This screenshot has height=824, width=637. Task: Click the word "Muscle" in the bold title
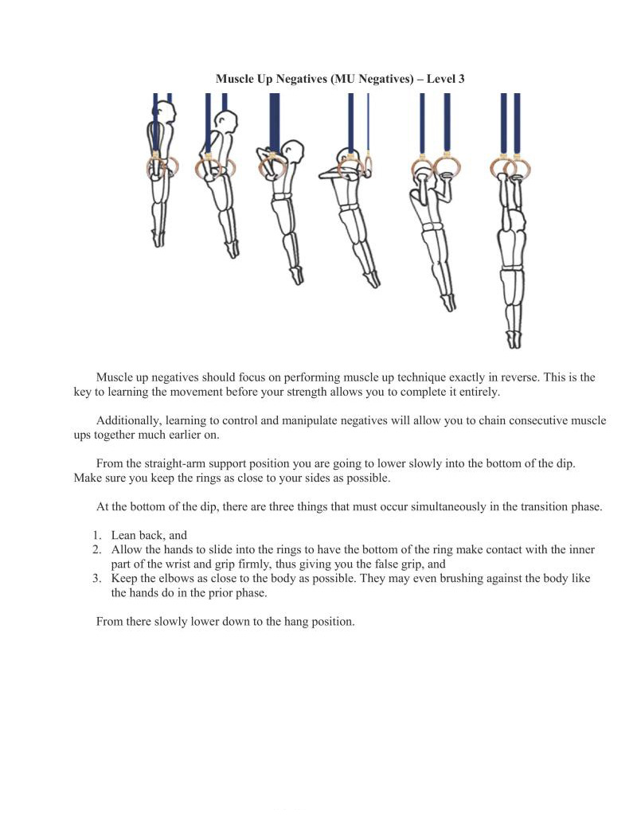(236, 79)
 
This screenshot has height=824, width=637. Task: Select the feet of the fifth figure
(448, 303)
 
